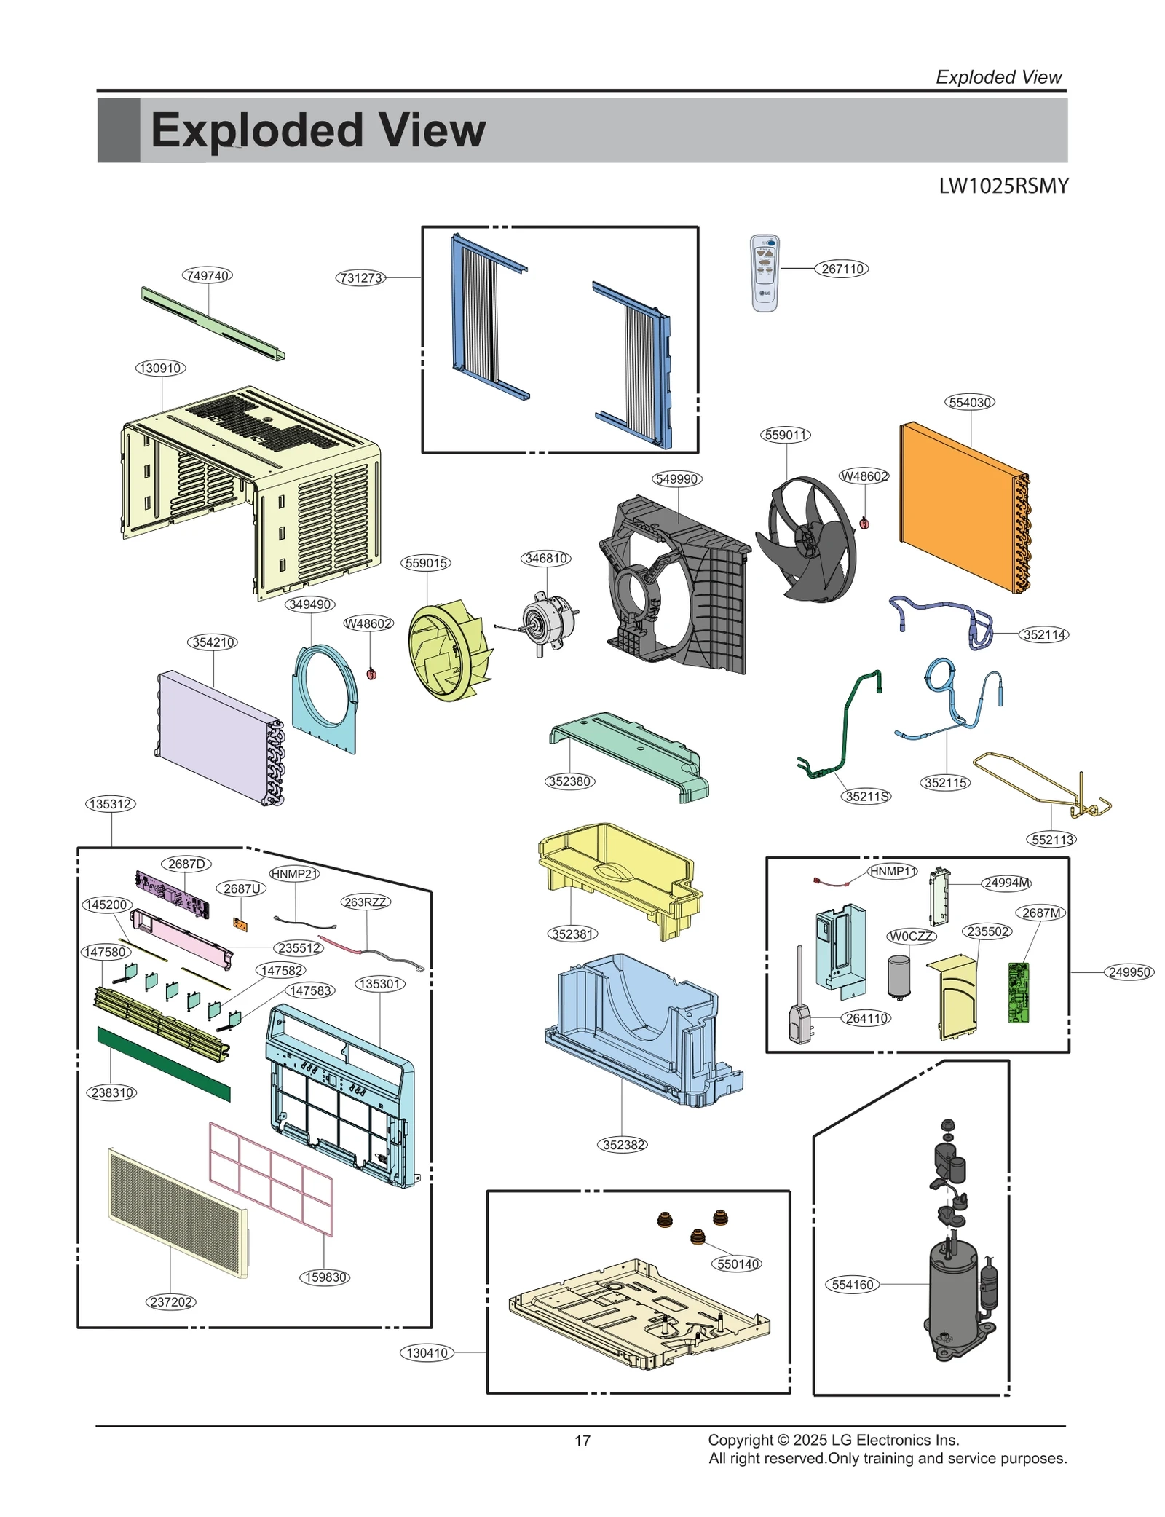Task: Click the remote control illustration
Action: click(765, 273)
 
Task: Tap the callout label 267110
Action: click(842, 269)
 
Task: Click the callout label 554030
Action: click(970, 402)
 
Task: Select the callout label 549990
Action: click(676, 478)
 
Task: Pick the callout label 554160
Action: click(852, 1285)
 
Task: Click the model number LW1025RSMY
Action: click(1003, 186)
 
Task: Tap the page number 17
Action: click(582, 1441)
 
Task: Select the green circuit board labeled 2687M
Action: click(1018, 993)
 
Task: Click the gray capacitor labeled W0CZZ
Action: click(899, 976)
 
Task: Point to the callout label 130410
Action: click(427, 1352)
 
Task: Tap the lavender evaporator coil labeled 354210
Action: click(218, 736)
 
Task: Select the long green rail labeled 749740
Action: click(211, 323)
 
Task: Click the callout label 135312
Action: click(111, 804)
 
